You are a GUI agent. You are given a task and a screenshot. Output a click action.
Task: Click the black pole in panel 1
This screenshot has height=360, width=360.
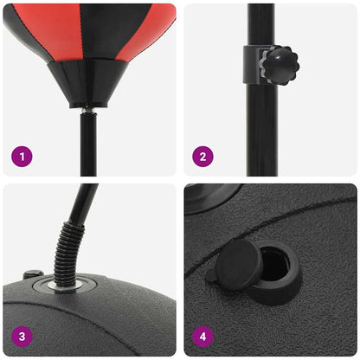(88, 143)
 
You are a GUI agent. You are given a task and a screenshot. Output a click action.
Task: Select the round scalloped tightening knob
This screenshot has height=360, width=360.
(280, 64)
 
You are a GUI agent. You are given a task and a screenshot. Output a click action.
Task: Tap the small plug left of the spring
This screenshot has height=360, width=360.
(32, 275)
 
